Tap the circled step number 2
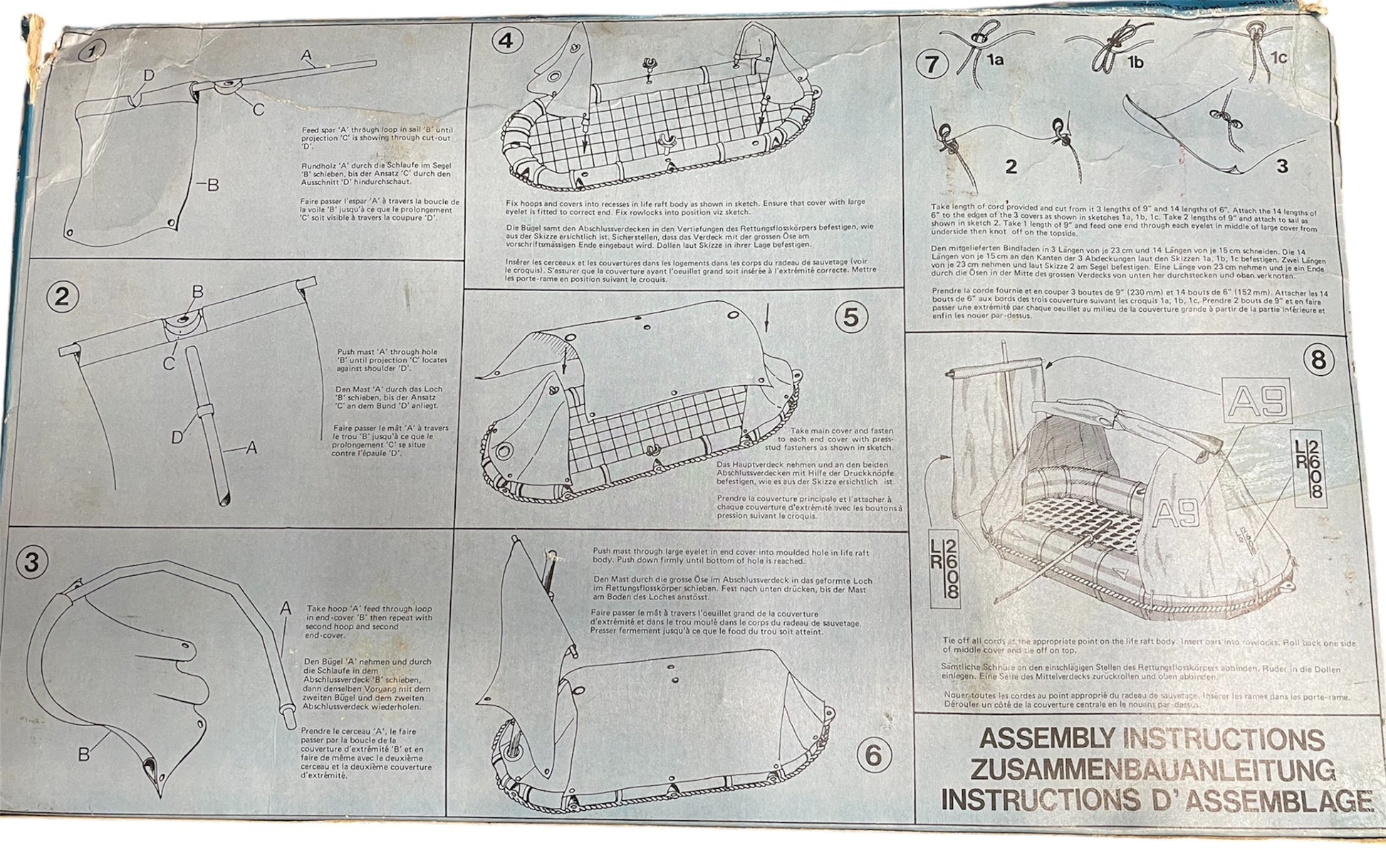tap(63, 296)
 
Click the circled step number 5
tap(851, 317)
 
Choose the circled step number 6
tap(874, 755)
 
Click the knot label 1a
tap(996, 61)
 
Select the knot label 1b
tap(1135, 63)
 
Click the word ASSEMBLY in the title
tap(1046, 738)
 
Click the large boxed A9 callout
tap(1258, 400)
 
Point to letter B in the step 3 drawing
tap(84, 754)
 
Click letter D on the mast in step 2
tap(177, 436)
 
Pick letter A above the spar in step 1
tap(307, 55)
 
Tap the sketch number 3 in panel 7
tap(1282, 167)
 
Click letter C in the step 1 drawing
tap(259, 110)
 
